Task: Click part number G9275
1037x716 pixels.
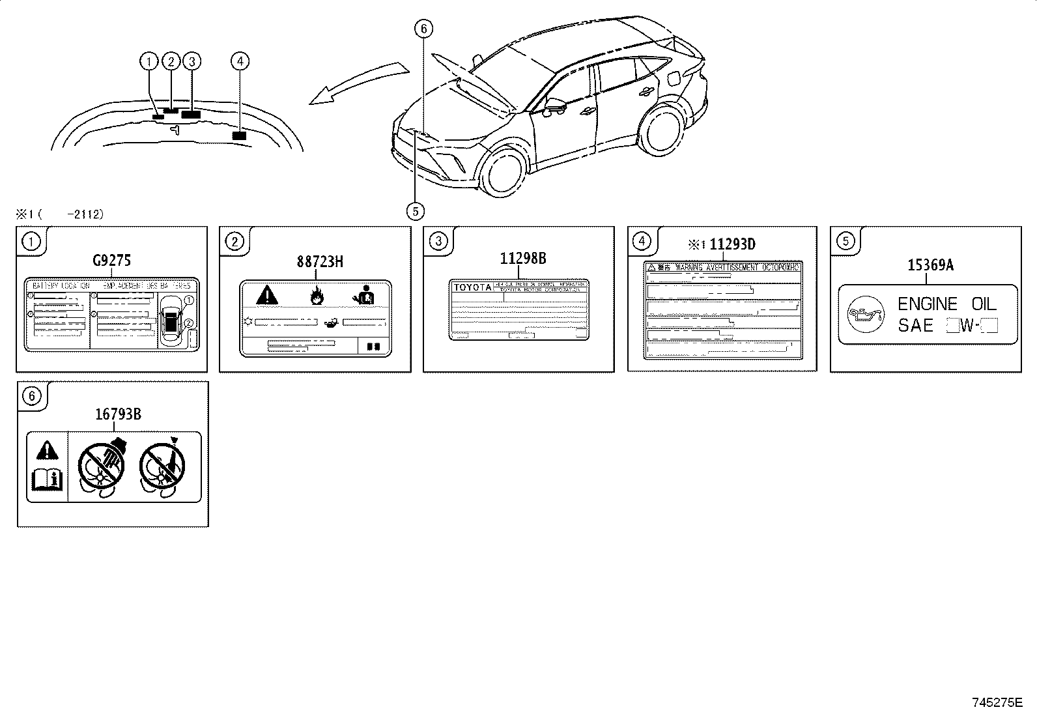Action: (x=112, y=261)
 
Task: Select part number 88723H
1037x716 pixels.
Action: (x=320, y=261)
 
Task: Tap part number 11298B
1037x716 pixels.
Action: (x=523, y=258)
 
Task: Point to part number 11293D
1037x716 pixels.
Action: (x=732, y=244)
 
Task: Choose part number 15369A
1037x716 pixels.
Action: (x=930, y=265)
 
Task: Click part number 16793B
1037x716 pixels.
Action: (x=118, y=413)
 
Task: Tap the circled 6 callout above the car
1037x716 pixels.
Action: (x=423, y=28)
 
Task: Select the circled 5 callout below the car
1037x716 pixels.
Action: (x=415, y=210)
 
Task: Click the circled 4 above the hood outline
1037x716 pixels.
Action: (x=240, y=61)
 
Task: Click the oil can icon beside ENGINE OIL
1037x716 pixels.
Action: (x=865, y=315)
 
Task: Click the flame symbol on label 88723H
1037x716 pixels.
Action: (x=317, y=295)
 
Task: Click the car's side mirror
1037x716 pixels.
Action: (x=555, y=104)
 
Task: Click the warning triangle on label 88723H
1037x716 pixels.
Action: (x=267, y=295)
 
